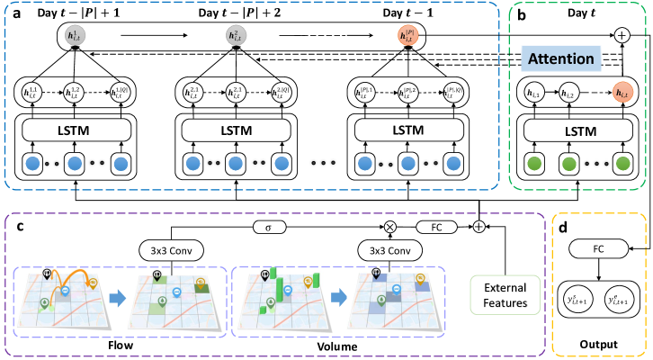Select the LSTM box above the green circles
[580, 131]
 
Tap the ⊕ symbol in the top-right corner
[622, 35]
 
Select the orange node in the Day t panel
[621, 94]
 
